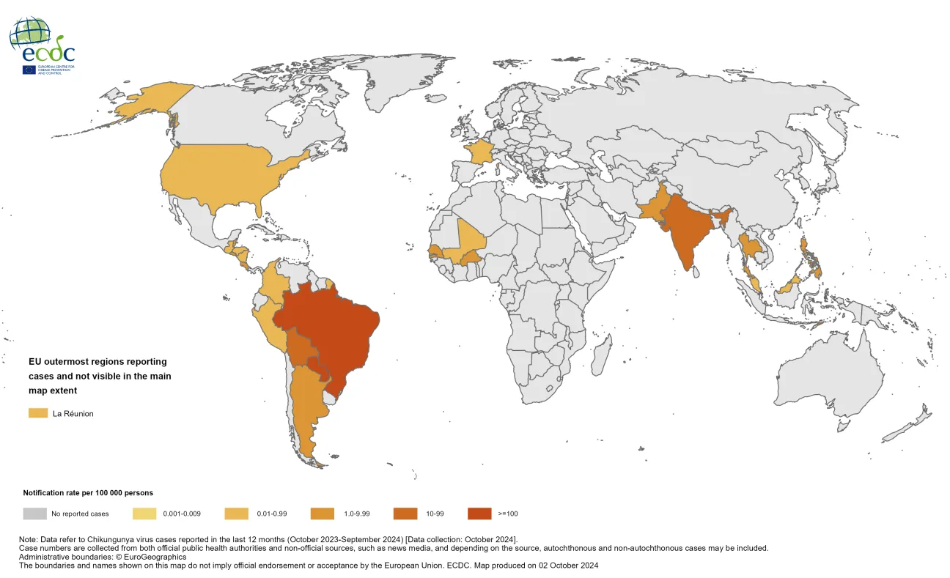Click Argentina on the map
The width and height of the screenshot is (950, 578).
pos(308,410)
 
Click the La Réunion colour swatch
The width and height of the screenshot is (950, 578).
pos(38,413)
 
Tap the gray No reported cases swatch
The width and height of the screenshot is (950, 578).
pos(34,514)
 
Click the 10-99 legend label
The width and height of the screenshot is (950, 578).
pos(436,514)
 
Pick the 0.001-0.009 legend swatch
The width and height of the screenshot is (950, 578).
pos(146,514)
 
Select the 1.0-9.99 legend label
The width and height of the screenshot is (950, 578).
pos(353,514)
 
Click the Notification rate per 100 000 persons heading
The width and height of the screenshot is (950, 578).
pos(88,493)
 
